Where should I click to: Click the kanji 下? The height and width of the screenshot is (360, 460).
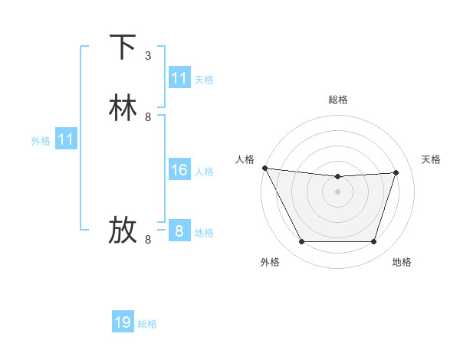(123, 47)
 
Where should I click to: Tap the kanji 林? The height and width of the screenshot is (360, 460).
(123, 108)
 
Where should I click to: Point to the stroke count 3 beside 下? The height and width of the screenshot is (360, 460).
(148, 56)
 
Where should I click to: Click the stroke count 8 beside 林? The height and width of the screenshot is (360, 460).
(148, 117)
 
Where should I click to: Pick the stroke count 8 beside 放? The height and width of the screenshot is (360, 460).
(148, 240)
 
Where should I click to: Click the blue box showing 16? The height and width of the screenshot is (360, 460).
(179, 170)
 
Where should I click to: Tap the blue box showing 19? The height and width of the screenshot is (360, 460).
(123, 322)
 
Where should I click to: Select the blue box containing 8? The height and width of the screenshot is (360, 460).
(179, 231)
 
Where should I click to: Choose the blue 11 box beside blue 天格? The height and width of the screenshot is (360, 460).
(179, 78)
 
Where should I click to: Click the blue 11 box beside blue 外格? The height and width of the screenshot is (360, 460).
(66, 139)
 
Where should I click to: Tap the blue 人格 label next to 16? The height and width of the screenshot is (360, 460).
(204, 172)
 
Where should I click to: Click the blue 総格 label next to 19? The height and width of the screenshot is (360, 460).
(147, 324)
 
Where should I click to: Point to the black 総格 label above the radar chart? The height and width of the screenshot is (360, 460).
(338, 100)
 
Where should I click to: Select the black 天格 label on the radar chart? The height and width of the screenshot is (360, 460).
(432, 159)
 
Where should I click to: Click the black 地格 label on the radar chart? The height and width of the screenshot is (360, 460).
(402, 263)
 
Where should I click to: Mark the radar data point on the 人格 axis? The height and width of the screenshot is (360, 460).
(264, 168)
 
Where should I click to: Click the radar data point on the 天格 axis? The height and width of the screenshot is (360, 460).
(396, 172)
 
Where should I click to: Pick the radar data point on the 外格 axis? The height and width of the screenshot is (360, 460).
(301, 242)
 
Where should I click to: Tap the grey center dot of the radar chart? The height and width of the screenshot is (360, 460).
(338, 191)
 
